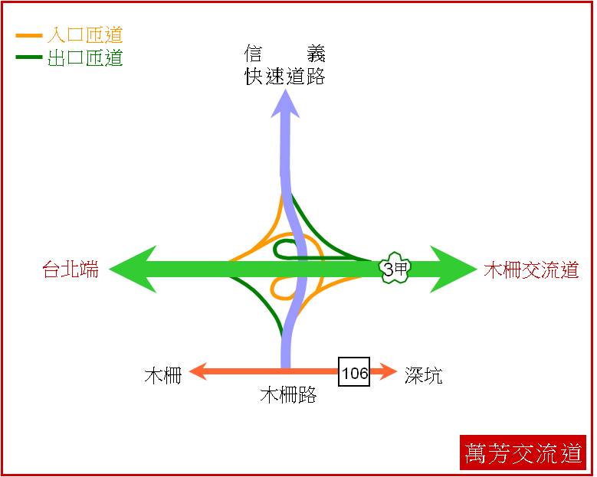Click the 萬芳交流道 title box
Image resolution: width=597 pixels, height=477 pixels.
pos(523,452)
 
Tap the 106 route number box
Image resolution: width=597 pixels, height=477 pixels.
pos(354,371)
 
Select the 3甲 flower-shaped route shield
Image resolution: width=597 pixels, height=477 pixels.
pos(395,268)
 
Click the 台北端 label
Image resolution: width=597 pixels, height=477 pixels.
pos(71,270)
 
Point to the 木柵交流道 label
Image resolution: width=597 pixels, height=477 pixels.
pos(532,270)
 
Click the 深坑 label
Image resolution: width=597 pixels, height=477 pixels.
pos(423,375)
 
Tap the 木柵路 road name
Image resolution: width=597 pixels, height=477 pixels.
pos(288,394)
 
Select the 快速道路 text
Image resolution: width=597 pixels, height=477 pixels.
pos(284,76)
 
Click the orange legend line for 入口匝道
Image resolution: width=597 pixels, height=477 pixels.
pos(28,36)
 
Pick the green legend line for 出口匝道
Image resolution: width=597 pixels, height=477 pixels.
pos(28,57)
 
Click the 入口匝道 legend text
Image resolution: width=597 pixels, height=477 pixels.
pos(85,35)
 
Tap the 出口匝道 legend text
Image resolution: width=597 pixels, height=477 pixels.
pos(85,58)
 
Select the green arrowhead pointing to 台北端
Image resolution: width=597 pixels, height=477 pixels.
pos(133,269)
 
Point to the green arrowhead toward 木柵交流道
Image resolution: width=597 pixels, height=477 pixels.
pos(454,269)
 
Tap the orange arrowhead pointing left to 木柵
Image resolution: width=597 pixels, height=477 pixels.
pos(198,371)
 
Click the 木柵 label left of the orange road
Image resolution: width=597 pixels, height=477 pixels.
pos(163,375)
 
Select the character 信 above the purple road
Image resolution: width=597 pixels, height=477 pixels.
pos(253,54)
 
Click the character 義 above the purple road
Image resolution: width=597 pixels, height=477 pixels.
pos(316,54)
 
